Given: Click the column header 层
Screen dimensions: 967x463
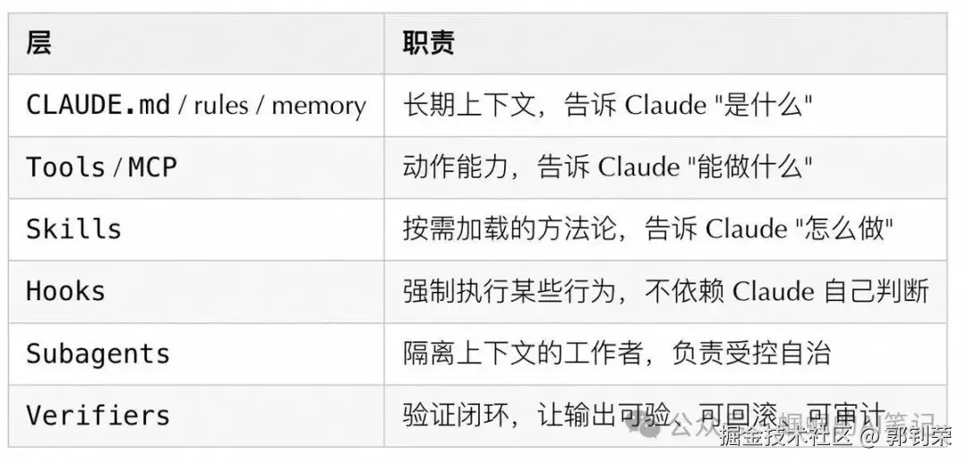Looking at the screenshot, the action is pos(39,43).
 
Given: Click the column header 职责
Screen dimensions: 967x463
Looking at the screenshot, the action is pos(428,43).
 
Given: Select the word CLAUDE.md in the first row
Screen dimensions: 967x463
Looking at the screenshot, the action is pos(98,105).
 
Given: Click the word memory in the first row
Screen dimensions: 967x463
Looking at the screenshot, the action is pos(319,106).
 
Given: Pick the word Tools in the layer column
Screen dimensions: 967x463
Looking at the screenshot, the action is pos(65,167).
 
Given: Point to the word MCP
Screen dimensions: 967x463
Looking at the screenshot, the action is pos(152,167).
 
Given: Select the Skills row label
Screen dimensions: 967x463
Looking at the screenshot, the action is pos(73,229).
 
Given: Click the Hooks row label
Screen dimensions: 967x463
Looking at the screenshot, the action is pos(65,291).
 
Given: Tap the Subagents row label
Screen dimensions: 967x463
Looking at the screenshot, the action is pos(98,353).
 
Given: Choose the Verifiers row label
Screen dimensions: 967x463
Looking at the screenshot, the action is pos(98,416).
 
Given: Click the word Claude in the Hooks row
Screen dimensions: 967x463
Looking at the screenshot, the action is pos(774,291).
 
